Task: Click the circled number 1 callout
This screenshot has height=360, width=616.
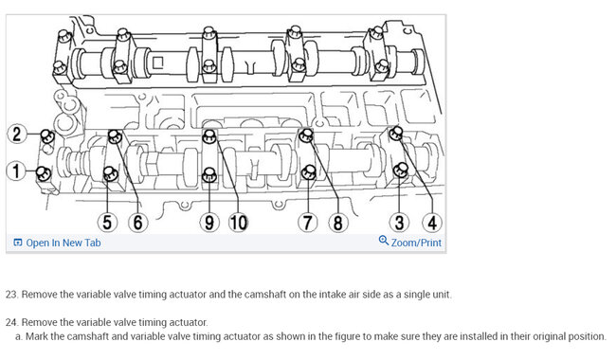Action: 16,171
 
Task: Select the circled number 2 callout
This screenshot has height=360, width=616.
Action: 17,134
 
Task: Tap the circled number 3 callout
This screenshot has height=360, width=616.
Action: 399,223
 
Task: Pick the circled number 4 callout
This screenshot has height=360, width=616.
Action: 432,223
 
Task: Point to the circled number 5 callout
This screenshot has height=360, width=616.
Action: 107,223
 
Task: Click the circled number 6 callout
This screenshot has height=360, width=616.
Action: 138,223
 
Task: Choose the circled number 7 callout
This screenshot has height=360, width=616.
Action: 308,223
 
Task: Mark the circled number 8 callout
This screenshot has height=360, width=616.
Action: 338,223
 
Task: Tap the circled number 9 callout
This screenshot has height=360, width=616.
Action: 209,223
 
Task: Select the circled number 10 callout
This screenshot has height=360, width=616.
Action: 239,223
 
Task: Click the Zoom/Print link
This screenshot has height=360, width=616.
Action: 416,243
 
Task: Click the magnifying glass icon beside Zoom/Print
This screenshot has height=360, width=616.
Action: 384,241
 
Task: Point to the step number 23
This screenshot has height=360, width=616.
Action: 12,295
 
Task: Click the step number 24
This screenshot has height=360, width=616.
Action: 12,322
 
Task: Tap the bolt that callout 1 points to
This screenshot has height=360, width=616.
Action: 44,173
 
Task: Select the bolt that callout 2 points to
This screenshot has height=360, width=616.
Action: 47,135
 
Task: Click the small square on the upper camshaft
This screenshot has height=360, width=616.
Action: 157,63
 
